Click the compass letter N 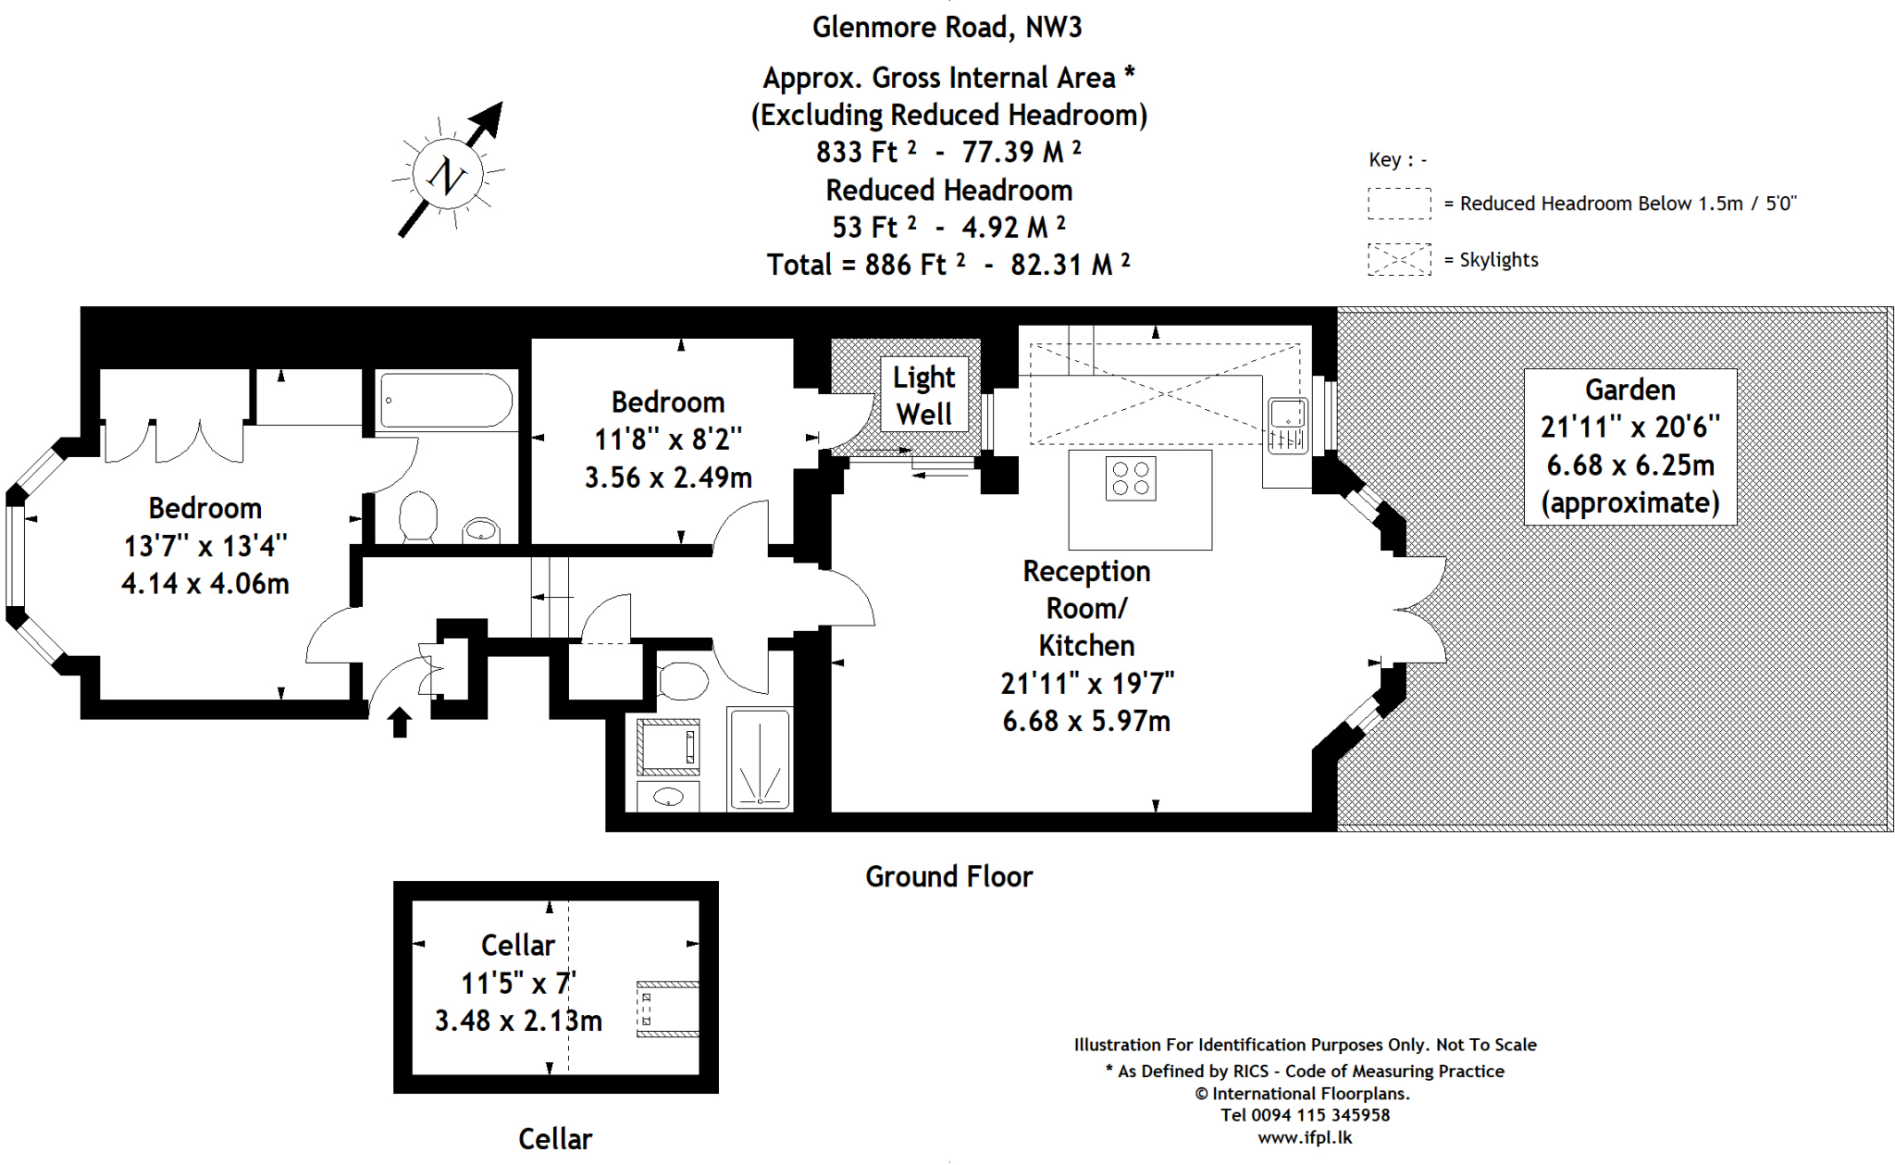point(448,175)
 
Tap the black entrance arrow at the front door point(400,722)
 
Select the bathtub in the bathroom point(446,401)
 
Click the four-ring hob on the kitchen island point(1131,478)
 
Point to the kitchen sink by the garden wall point(1287,426)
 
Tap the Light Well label point(923,395)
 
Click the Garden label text point(1630,390)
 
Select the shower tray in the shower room point(759,759)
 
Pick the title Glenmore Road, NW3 point(947,28)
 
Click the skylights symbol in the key point(1399,260)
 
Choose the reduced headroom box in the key point(1399,204)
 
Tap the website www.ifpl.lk point(1305,1138)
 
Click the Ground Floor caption point(948,876)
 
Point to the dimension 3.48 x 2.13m point(518,1021)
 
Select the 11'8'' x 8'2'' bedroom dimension point(668,440)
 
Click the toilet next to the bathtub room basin point(417,515)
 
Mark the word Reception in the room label point(1086,572)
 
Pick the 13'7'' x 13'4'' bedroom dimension point(205,546)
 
